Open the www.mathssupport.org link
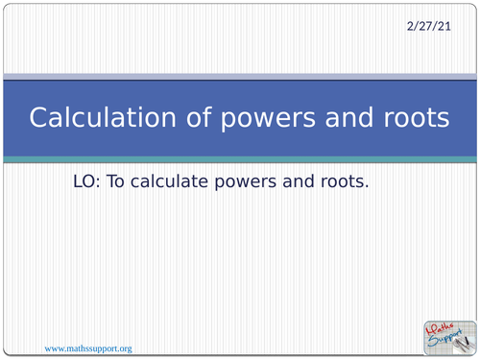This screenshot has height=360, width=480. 87,347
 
